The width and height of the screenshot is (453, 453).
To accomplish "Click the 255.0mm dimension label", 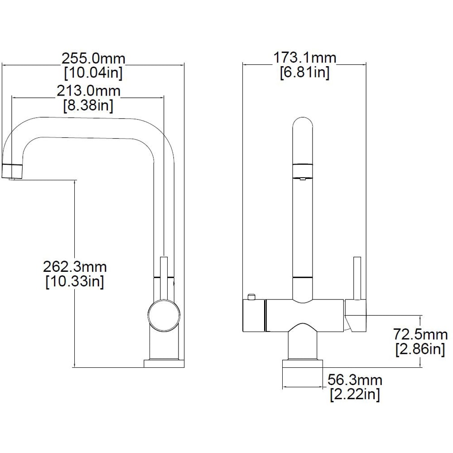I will pos(93,58).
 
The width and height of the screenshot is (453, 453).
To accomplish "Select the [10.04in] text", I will pos(93,72).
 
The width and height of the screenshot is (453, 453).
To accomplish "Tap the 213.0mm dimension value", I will pos(88,91).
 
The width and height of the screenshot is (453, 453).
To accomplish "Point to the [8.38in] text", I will pos(88,105).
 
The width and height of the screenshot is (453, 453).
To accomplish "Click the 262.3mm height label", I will pos(75,267).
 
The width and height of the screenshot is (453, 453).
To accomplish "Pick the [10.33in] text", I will pos(75,281).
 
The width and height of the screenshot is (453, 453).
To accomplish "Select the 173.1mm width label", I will pos(305,58).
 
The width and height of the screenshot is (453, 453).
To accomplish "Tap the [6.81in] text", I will pos(305,72).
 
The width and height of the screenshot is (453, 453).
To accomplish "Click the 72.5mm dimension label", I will pos(420,335).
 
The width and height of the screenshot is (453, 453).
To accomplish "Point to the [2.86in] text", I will pos(420,349).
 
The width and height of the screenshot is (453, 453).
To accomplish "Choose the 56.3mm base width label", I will pos(355,380).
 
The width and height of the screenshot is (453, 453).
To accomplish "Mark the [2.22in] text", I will pos(355,394).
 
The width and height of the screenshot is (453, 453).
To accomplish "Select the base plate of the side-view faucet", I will pos(164,363).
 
